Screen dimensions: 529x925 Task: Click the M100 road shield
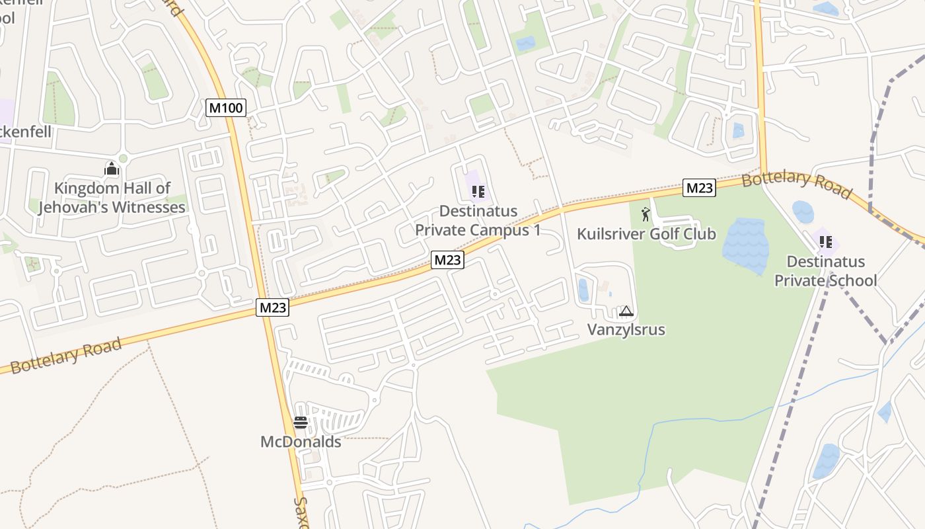pyautogui.click(x=226, y=107)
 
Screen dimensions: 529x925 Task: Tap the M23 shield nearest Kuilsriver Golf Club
pyautogui.click(x=699, y=188)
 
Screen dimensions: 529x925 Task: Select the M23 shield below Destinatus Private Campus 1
pyautogui.click(x=448, y=260)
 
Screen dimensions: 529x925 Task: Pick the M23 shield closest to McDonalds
pyautogui.click(x=273, y=307)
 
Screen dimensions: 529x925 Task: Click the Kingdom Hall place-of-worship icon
pyautogui.click(x=112, y=169)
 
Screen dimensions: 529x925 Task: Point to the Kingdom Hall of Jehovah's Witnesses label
pyautogui.click(x=112, y=198)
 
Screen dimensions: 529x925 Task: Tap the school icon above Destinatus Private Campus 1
pyautogui.click(x=478, y=192)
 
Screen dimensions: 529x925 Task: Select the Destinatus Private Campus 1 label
pyautogui.click(x=478, y=221)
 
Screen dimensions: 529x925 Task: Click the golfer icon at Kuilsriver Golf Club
pyautogui.click(x=646, y=214)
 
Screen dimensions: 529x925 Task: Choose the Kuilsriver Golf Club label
pyautogui.click(x=646, y=234)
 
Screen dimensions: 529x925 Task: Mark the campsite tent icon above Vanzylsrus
pyautogui.click(x=626, y=311)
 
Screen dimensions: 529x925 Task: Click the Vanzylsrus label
pyautogui.click(x=626, y=329)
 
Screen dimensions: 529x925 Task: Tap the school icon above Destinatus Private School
pyautogui.click(x=825, y=242)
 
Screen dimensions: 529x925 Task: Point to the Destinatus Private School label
pyautogui.click(x=825, y=271)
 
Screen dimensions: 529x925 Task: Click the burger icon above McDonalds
pyautogui.click(x=301, y=423)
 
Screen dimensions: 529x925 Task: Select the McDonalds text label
pyautogui.click(x=301, y=442)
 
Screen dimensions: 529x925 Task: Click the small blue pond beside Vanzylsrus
pyautogui.click(x=583, y=290)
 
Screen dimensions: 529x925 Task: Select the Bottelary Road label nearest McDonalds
pyautogui.click(x=66, y=355)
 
